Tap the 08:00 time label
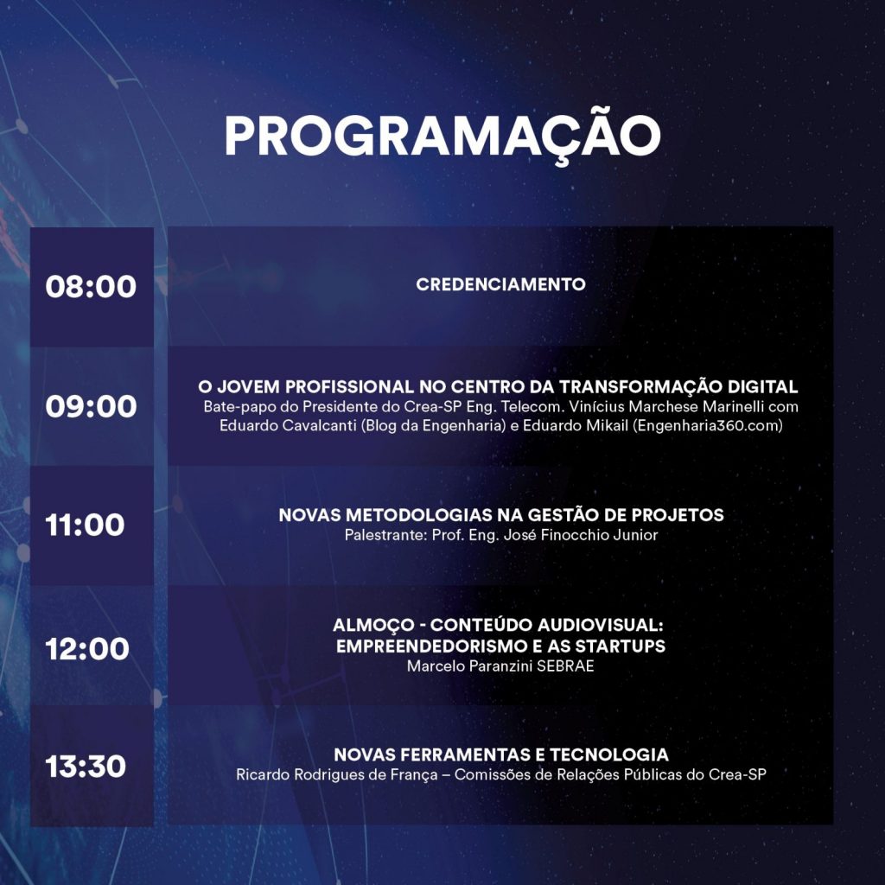pos(91,287)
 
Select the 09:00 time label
pos(91,406)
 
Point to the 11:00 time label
pos(86,525)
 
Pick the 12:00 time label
pos(87,649)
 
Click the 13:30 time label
pos(86,767)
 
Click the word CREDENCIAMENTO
pos(500,284)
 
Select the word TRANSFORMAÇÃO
pos(640,387)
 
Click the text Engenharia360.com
pos(708,425)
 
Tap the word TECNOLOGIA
pos(609,754)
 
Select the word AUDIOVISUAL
pos(601,626)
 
